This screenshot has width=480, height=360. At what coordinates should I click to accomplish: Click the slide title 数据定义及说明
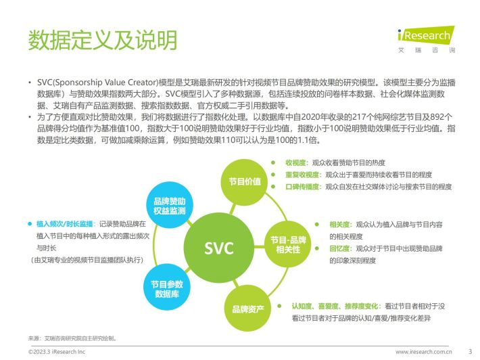coord(103,40)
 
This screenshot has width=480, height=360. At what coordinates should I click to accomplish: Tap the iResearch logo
coord(426,39)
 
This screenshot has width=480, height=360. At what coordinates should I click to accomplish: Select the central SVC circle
coord(219,248)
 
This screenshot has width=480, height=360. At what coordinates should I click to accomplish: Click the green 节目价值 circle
coord(245,182)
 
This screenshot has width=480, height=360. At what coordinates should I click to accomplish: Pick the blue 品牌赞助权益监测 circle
coord(170,206)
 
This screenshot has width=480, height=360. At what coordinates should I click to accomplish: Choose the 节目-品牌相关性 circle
coord(288,245)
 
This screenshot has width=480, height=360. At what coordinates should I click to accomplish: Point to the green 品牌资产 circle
coord(248,309)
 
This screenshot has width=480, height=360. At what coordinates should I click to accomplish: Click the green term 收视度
coord(295,162)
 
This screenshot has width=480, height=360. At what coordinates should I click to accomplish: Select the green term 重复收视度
coord(302,175)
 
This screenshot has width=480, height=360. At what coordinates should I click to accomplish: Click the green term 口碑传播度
coord(302,187)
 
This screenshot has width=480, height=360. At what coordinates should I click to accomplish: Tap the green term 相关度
coord(339,225)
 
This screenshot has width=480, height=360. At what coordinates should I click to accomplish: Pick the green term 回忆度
coord(339,248)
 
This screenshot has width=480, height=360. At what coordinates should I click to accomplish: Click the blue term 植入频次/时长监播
coord(65,224)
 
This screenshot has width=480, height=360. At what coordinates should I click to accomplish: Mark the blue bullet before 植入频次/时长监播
coord(30,224)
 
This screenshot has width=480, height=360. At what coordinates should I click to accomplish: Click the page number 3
coord(471,351)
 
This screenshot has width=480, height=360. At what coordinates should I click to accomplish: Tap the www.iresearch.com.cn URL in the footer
coord(423,352)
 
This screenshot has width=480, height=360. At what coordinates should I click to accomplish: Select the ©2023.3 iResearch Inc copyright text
coord(57,352)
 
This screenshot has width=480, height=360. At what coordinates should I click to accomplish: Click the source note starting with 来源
coord(72,338)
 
